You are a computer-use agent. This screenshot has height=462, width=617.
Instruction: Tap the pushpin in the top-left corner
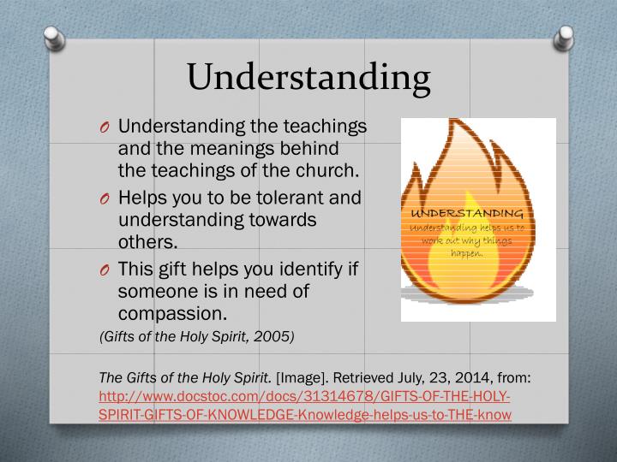54,37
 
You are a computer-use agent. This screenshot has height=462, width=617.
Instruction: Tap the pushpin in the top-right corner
564,37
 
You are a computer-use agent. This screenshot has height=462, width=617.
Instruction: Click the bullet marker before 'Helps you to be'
105,199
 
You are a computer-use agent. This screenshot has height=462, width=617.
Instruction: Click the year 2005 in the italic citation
279,336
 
